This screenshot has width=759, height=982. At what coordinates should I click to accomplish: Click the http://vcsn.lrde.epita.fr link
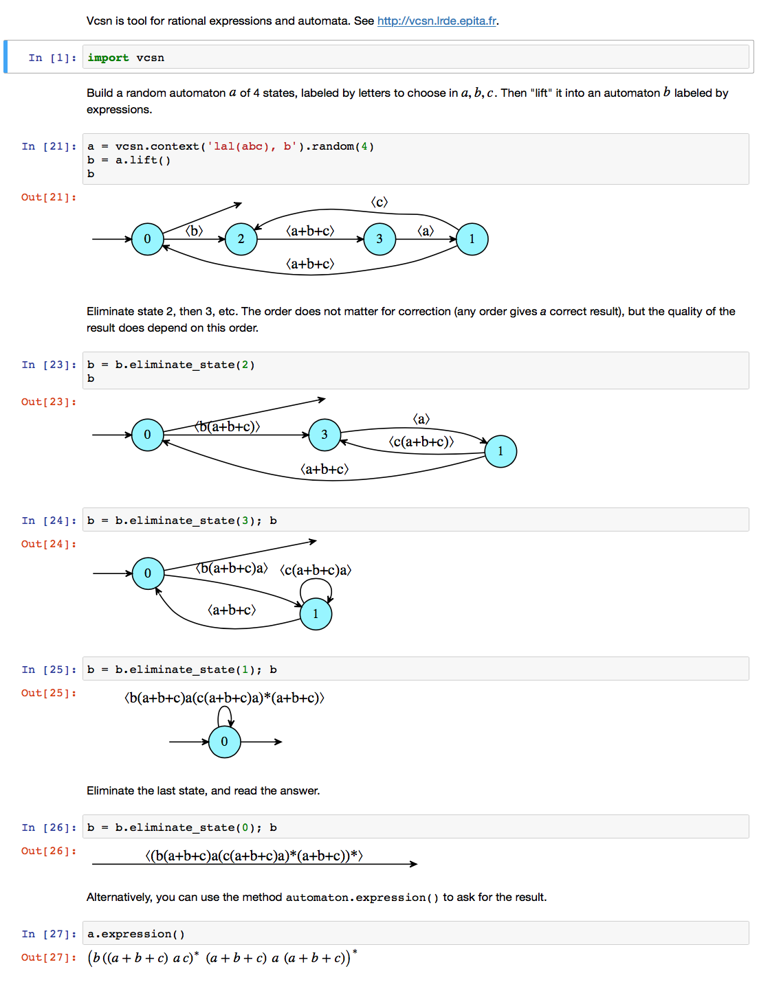tap(437, 21)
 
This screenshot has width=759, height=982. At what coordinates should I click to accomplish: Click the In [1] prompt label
tap(52, 58)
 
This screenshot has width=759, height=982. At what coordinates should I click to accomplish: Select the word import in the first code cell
tap(108, 58)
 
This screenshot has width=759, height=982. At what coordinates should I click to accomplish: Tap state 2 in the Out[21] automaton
tap(241, 239)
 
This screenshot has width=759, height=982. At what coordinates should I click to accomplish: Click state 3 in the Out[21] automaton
tap(379, 239)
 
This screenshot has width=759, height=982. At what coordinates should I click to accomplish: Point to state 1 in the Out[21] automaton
tap(472, 239)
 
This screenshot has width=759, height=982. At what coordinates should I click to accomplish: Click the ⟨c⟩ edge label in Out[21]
tap(379, 202)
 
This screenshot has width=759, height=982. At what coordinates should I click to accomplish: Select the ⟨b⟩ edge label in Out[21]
tap(195, 231)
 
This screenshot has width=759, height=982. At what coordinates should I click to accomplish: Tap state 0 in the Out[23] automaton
tap(147, 435)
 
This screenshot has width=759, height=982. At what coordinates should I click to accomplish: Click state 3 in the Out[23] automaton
tap(324, 435)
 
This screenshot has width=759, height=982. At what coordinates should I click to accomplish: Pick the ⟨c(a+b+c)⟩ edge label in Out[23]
tap(421, 442)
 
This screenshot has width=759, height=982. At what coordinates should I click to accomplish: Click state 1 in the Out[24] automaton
tap(316, 614)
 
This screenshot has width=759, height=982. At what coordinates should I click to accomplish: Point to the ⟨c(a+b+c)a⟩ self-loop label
tap(316, 570)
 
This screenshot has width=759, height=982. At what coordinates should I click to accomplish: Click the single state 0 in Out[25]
tap(224, 742)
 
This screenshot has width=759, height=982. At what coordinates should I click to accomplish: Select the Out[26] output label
tap(49, 851)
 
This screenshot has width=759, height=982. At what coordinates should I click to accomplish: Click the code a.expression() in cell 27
tap(136, 934)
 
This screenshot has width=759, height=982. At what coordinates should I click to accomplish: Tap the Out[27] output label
tap(49, 957)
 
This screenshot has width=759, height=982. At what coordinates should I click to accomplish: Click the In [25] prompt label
tap(49, 670)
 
